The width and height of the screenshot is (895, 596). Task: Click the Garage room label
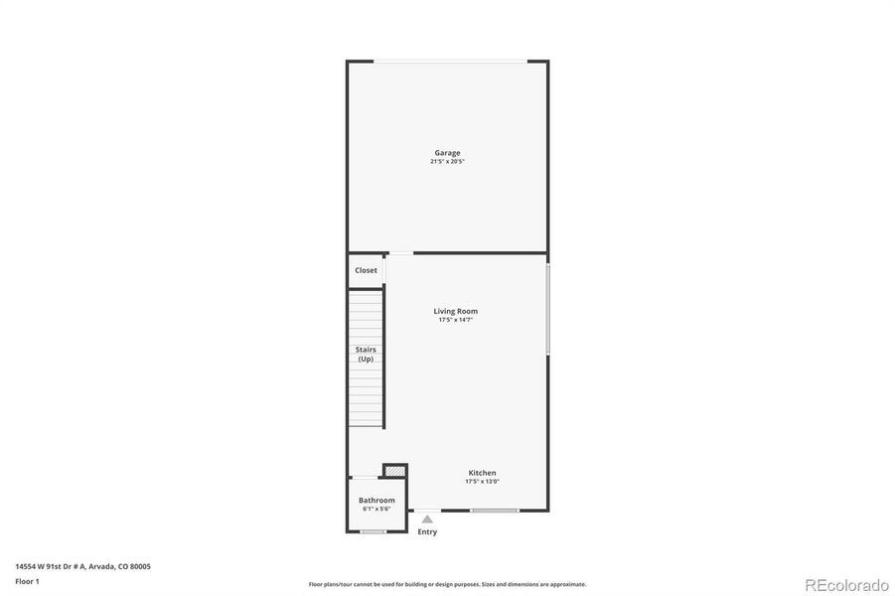(446, 153)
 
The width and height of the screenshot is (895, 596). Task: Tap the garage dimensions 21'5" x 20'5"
(447, 161)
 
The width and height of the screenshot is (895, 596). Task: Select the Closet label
(366, 270)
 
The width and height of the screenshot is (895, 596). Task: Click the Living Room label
(455, 311)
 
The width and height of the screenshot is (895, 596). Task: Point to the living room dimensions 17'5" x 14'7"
(456, 320)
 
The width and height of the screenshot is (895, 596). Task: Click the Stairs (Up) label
(366, 354)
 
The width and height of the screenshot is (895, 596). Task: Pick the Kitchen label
(483, 473)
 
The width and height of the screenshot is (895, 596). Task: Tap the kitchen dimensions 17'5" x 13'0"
(482, 482)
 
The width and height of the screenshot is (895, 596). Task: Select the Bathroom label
(376, 501)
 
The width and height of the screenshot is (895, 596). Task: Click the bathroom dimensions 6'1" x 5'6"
(376, 509)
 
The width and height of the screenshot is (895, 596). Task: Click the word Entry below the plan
(427, 532)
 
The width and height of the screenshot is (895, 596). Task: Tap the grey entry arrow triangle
(427, 519)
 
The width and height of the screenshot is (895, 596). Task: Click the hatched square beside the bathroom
(394, 470)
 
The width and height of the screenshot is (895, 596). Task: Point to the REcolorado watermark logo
(846, 584)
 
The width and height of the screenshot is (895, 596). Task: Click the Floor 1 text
(27, 581)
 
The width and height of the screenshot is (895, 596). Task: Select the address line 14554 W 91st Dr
(82, 566)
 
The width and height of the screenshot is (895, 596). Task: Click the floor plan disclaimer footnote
(447, 584)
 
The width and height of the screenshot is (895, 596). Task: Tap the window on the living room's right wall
(547, 309)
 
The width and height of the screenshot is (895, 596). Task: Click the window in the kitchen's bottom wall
(495, 511)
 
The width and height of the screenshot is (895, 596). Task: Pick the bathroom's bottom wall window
(373, 531)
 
